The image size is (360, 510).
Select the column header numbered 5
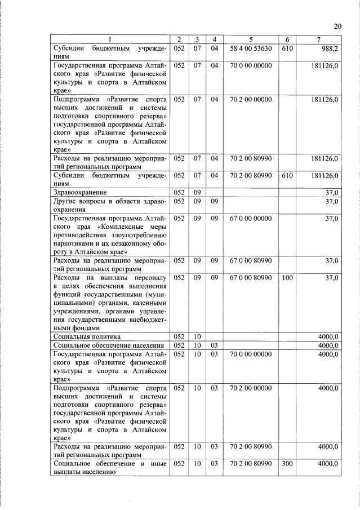251,39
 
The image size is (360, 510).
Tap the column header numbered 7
319,39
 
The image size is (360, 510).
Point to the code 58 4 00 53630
251,48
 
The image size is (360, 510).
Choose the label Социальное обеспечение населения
108,345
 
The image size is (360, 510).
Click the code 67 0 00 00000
251,218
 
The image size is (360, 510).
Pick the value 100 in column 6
287,278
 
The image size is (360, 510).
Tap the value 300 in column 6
287,463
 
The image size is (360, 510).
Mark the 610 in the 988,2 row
287,48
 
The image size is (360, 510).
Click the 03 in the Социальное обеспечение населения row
214,345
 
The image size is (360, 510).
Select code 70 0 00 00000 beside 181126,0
251,65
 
